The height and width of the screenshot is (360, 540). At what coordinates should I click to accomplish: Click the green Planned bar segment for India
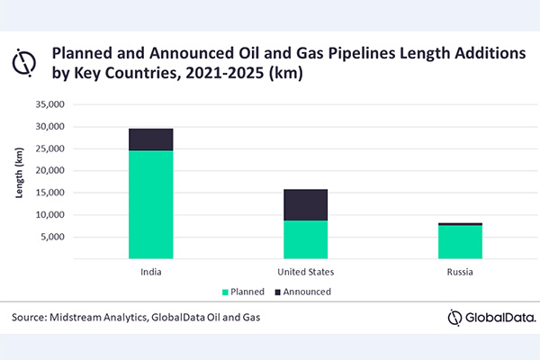pos(150,204)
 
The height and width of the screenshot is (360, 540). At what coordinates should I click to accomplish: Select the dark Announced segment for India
pos(150,139)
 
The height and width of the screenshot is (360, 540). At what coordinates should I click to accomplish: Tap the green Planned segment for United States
pos(306,239)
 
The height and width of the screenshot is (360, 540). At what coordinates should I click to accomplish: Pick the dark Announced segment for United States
pos(306,205)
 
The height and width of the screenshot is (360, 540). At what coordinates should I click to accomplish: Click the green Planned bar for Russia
pos(460,242)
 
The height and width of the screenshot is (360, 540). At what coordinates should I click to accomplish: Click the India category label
pos(150,271)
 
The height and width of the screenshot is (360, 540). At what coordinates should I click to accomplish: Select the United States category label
pos(306,271)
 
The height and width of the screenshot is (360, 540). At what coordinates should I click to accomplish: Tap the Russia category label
pos(460,271)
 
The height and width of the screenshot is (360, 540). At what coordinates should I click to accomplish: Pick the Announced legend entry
pos(304,292)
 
